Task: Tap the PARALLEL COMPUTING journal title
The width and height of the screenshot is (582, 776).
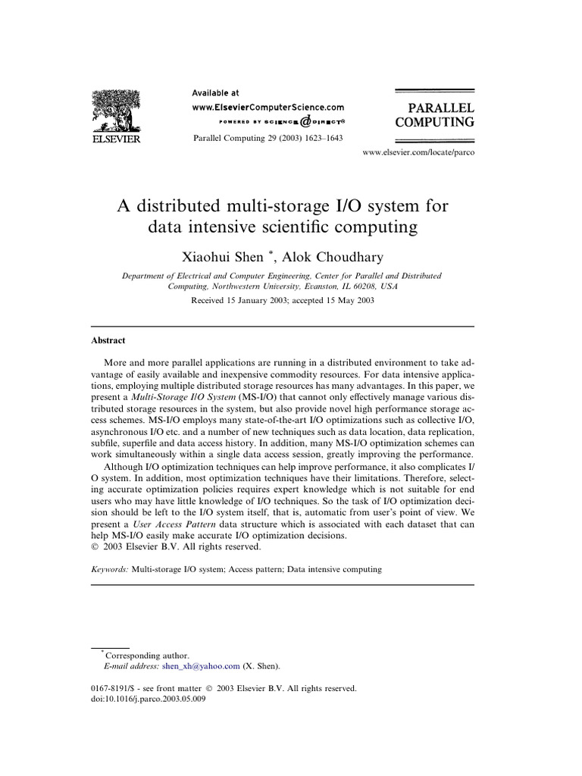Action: click(433, 113)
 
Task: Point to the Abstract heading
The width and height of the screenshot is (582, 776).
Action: click(108, 340)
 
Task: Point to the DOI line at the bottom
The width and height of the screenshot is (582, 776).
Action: click(147, 699)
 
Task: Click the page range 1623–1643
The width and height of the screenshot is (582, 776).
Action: click(321, 137)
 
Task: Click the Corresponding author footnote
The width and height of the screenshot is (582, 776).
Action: click(147, 655)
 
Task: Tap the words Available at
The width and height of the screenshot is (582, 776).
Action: click(215, 92)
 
